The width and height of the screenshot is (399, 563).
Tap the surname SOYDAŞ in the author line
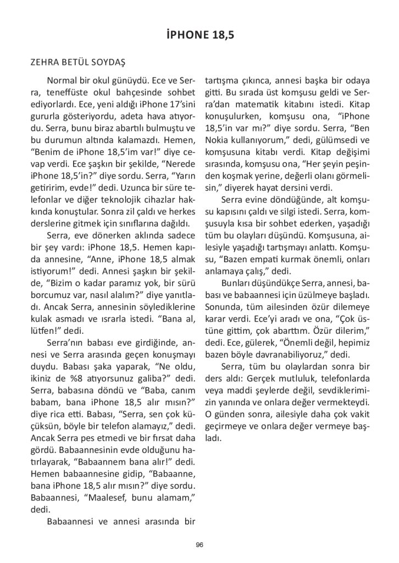[x=113, y=62]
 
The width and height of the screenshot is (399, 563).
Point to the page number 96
[x=199, y=544]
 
